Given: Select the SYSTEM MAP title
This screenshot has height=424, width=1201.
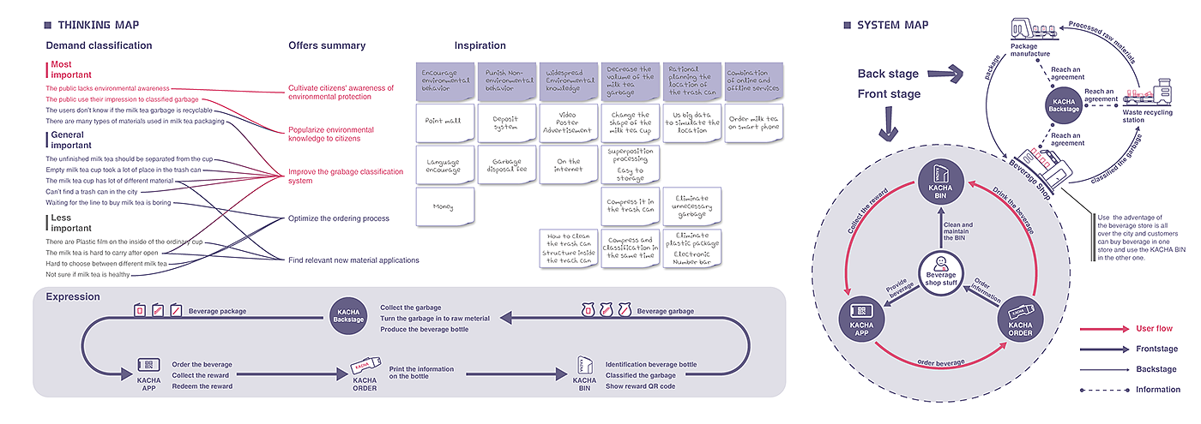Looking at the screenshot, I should coord(893,25).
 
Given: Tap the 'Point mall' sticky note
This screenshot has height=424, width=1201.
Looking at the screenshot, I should coord(444,122).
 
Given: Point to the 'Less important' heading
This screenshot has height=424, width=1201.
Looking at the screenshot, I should coord(70,223).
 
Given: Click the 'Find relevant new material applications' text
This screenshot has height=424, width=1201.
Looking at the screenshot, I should coord(353,260).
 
